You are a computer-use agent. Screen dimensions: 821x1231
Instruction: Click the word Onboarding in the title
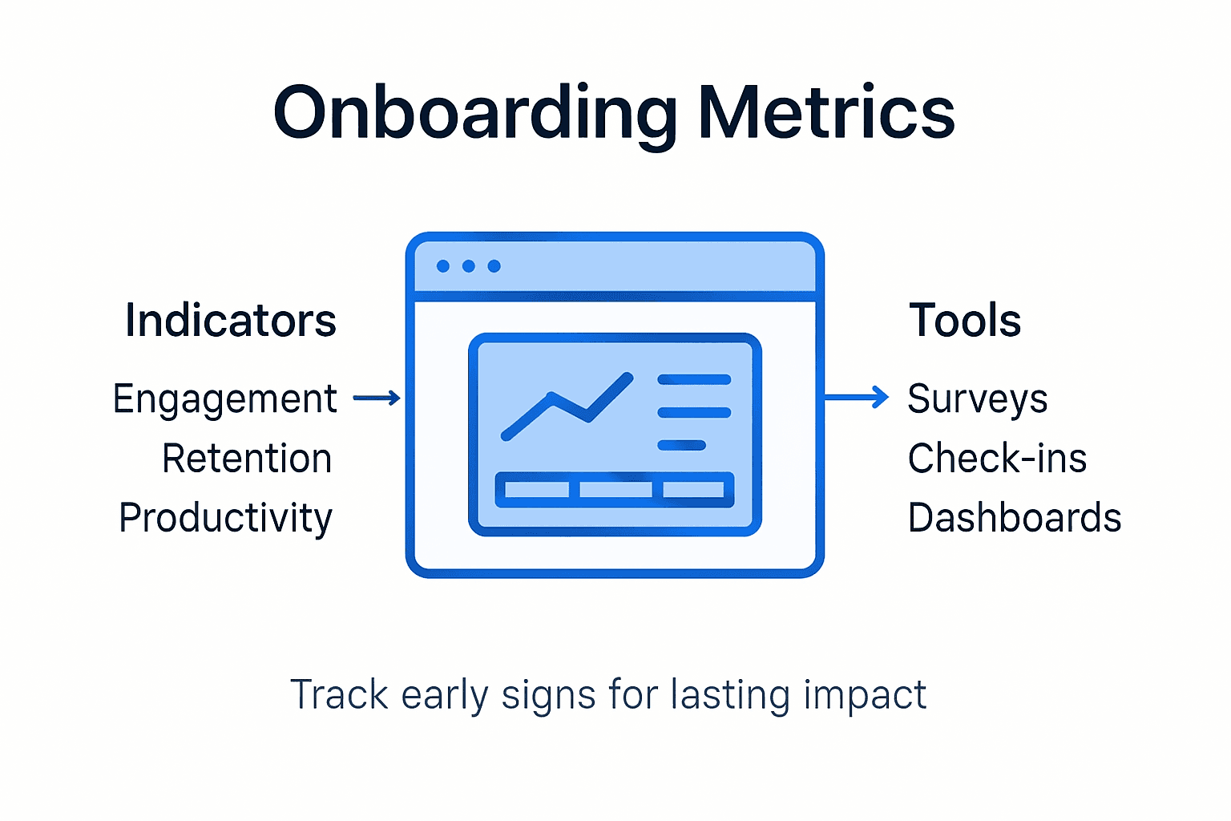(474, 113)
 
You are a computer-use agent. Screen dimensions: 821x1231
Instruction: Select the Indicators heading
(231, 321)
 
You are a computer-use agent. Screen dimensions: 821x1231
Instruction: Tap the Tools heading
(965, 321)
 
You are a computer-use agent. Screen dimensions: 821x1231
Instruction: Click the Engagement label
(224, 399)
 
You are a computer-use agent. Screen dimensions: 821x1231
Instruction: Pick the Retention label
(247, 459)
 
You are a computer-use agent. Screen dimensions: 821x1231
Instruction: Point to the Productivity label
(225, 518)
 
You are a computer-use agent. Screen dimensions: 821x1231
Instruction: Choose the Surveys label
(977, 399)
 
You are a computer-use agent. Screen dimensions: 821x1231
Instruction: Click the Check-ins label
(997, 459)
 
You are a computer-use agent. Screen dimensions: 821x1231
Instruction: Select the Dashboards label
(1014, 518)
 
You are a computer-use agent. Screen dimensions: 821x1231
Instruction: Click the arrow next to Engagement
(377, 398)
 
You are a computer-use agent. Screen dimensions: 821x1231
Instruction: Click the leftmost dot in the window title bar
(443, 266)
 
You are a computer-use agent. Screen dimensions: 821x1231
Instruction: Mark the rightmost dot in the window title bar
(494, 266)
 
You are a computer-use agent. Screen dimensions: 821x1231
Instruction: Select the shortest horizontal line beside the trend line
(681, 445)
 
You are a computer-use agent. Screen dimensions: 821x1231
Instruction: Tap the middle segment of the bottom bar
(615, 489)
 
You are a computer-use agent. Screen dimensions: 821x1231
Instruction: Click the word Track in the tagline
(338, 694)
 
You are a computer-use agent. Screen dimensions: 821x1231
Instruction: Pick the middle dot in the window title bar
(469, 266)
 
